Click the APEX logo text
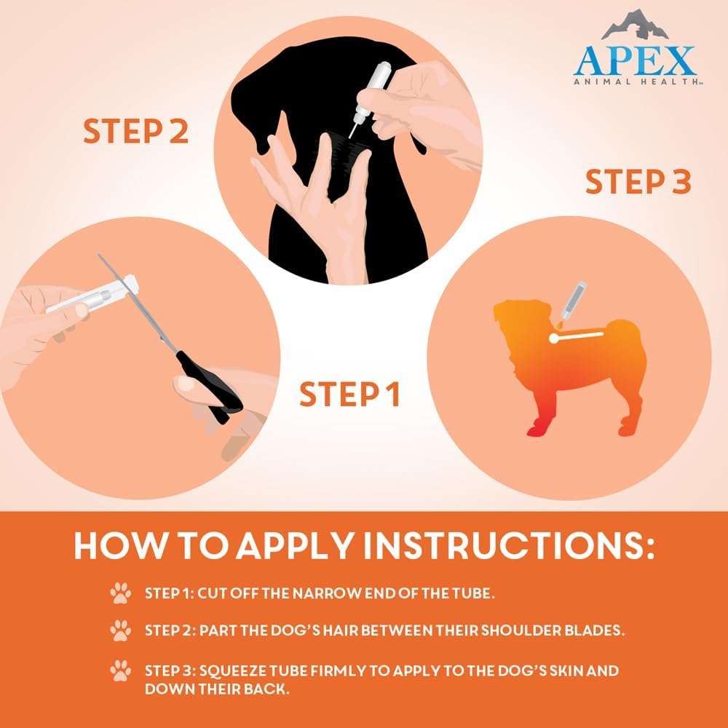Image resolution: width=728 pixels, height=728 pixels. [x=633, y=61]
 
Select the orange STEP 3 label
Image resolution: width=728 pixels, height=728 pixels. [x=638, y=182]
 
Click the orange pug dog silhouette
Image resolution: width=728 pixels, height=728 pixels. [x=568, y=364]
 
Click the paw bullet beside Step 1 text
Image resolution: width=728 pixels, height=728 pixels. [x=120, y=593]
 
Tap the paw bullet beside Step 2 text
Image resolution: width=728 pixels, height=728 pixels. [x=120, y=630]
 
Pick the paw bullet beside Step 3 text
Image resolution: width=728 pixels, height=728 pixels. [x=120, y=670]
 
